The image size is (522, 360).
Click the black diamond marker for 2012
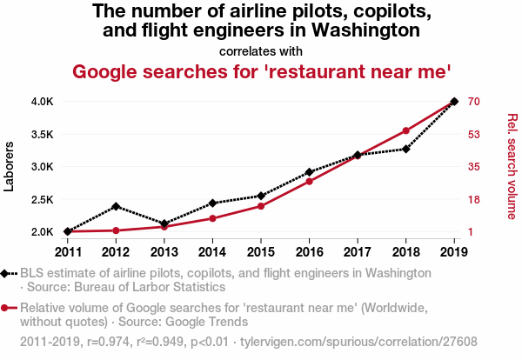pos(116,206)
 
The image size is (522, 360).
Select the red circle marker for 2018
pos(405,130)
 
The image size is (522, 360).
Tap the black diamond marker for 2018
pos(405,150)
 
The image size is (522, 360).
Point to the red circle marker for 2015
pos(261,205)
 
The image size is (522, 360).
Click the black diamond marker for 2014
pos(212,203)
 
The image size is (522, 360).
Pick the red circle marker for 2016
pos(309,181)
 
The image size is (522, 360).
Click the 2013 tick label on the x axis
pos(164,252)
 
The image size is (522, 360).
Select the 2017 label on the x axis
pos(358,252)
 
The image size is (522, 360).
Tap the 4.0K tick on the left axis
pos(43,102)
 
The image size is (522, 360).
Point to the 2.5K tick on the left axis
pos(43,200)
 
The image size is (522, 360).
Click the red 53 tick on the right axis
pos(474,135)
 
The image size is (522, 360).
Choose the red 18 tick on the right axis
pos(474,200)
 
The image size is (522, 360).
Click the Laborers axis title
pos(10,167)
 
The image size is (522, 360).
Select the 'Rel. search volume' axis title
pos(512,166)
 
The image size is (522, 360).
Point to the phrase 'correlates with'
pos(261,51)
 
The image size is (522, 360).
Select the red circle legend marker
pos(7,308)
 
